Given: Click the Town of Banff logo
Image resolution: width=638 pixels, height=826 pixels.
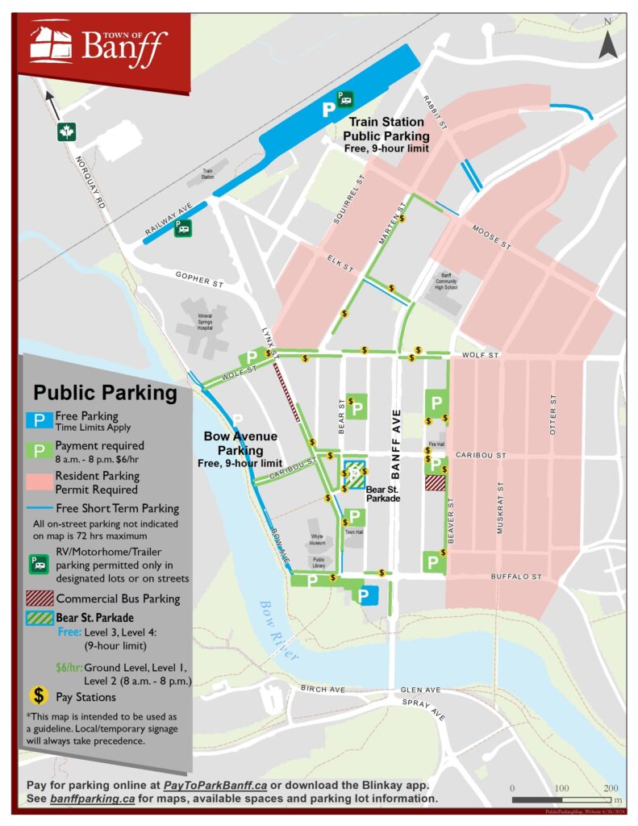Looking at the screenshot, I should click(97, 45).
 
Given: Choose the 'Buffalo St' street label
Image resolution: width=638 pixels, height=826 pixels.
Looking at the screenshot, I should click(516, 577).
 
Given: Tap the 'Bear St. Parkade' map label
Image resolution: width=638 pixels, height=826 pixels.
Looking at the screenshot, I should click(382, 494).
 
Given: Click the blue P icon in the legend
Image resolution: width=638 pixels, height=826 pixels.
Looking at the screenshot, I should click(40, 419).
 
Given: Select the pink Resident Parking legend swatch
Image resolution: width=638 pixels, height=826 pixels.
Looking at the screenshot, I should click(40, 482).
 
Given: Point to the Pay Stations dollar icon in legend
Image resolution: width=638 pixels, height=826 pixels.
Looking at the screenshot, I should click(39, 695).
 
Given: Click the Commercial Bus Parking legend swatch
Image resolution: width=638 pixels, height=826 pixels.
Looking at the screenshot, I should click(40, 599).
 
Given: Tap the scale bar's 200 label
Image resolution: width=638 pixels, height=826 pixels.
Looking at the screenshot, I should click(610, 787).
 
